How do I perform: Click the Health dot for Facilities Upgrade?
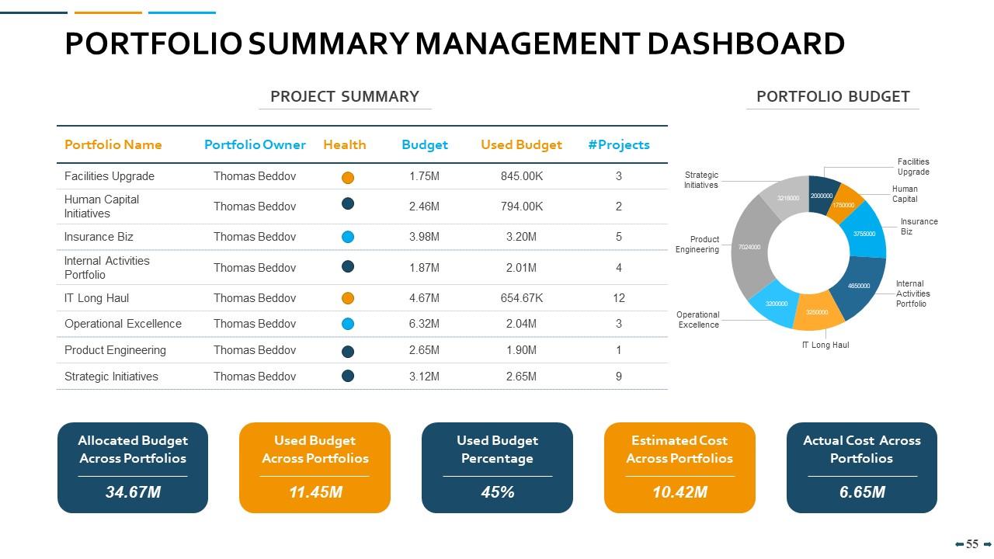[348, 177]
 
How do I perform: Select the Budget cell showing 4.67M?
[424, 298]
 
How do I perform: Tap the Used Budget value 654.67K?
[521, 298]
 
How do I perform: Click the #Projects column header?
[618, 144]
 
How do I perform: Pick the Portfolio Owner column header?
[255, 144]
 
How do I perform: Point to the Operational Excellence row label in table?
[123, 324]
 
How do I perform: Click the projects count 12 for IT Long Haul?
[618, 298]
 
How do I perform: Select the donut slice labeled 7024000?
[749, 247]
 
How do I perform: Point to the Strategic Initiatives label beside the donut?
[700, 180]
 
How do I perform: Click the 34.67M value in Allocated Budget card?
[133, 492]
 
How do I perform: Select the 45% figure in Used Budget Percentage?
[497, 492]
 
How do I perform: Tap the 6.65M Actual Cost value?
[862, 492]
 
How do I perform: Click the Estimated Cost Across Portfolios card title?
[679, 450]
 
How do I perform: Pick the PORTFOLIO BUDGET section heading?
[832, 96]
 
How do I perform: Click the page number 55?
[972, 544]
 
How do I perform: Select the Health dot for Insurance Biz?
[348, 237]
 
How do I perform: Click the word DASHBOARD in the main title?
[745, 43]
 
